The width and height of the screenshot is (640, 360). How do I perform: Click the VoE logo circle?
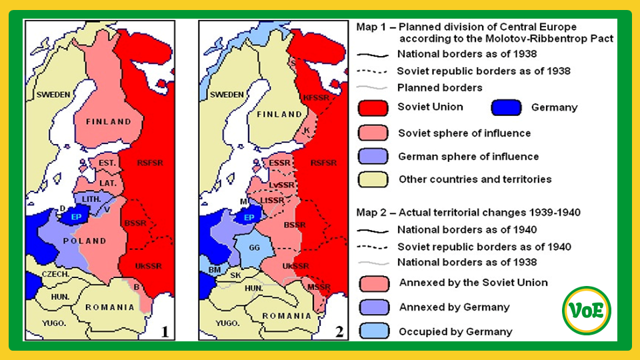587,310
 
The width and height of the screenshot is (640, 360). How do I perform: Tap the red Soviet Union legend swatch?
373,108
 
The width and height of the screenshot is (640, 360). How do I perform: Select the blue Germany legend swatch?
506,108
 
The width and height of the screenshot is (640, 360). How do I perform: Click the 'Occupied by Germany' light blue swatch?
373,331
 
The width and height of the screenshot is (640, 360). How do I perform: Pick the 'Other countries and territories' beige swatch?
373,179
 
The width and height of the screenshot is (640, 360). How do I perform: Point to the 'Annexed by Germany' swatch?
373,307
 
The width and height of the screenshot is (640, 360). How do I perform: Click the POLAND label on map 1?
85,241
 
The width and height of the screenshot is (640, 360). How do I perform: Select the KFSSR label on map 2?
315,97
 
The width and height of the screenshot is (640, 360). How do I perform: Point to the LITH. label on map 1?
91,199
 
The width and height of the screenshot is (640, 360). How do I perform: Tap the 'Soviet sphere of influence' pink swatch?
373,133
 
